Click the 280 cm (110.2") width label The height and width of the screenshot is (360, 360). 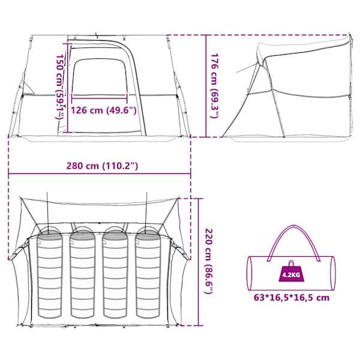click(x=102, y=166)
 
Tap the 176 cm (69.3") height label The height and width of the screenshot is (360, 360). click(x=215, y=86)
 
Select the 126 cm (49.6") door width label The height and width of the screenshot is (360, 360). click(x=104, y=110)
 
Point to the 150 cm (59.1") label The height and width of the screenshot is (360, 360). click(x=60, y=86)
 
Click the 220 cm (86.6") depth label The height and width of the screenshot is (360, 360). click(x=209, y=261)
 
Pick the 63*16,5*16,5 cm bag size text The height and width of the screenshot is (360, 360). click(x=292, y=298)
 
